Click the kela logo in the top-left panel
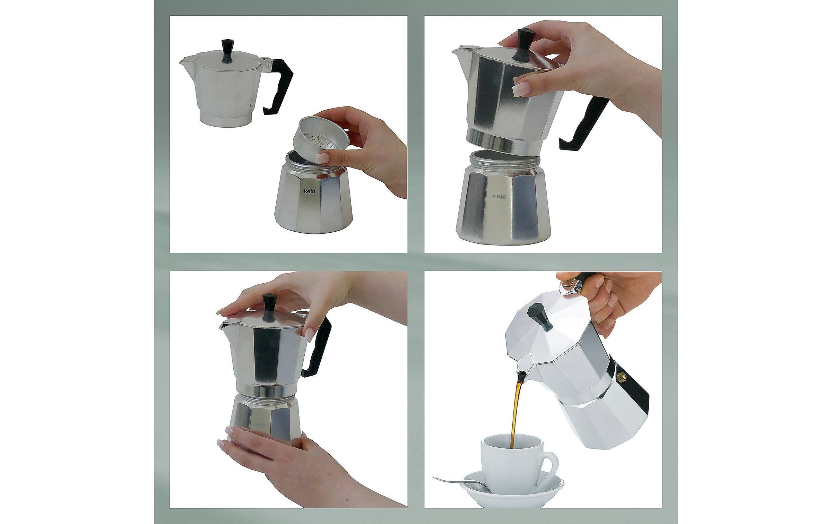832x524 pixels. pyautogui.click(x=310, y=191)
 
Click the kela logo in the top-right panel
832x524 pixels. pyautogui.click(x=499, y=196)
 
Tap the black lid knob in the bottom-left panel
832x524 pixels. pyautogui.click(x=269, y=307)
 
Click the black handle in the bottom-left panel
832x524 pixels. pyautogui.click(x=317, y=347)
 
